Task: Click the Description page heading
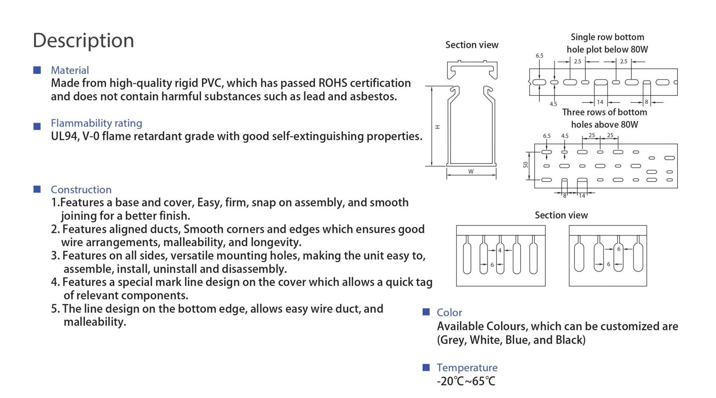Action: pyautogui.click(x=83, y=41)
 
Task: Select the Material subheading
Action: pyautogui.click(x=70, y=70)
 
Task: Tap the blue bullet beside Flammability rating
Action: pyautogui.click(x=37, y=126)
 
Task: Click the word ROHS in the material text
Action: pyautogui.click(x=332, y=83)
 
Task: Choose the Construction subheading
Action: pyautogui.click(x=81, y=190)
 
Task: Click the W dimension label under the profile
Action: pyautogui.click(x=471, y=172)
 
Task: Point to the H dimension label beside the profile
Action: pyautogui.click(x=437, y=127)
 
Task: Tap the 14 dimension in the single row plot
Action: pyautogui.click(x=600, y=102)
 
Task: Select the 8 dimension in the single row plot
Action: pyautogui.click(x=646, y=102)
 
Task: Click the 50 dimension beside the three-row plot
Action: pyautogui.click(x=525, y=165)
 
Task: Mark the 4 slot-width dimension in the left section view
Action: pyautogui.click(x=500, y=250)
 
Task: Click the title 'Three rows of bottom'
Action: pyautogui.click(x=604, y=112)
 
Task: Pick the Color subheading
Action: pyautogui.click(x=449, y=312)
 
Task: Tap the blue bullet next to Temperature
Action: pyautogui.click(x=426, y=367)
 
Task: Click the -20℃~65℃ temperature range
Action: pyautogui.click(x=466, y=381)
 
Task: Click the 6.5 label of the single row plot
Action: pyautogui.click(x=539, y=56)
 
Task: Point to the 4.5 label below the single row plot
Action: pyautogui.click(x=553, y=104)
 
